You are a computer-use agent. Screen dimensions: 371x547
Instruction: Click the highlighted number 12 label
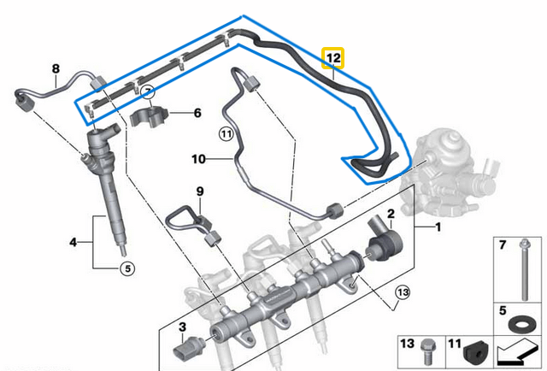(x=333, y=59)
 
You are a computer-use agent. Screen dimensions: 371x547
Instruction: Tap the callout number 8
(x=56, y=68)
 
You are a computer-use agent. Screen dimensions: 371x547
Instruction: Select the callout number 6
(x=197, y=112)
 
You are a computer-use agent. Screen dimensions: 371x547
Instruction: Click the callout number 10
(x=198, y=158)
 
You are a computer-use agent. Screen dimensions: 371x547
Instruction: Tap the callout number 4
(x=74, y=244)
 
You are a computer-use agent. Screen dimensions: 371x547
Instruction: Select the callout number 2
(x=391, y=213)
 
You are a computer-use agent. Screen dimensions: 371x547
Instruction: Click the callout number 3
(x=181, y=327)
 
